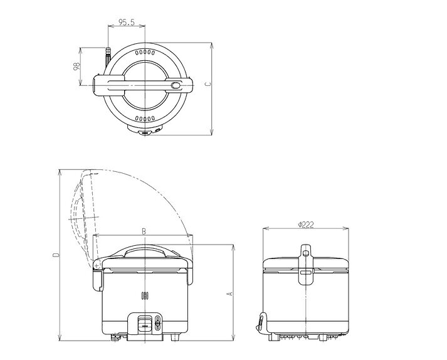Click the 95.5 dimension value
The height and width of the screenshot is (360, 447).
(x=126, y=22)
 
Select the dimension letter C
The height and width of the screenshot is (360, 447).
(x=208, y=84)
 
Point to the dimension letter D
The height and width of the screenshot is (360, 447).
(x=57, y=255)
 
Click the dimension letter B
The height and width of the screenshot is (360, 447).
(x=144, y=231)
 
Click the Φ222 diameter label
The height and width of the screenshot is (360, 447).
(x=306, y=225)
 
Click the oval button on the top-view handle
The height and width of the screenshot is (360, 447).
(x=176, y=85)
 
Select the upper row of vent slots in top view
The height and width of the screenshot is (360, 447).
(x=145, y=53)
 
